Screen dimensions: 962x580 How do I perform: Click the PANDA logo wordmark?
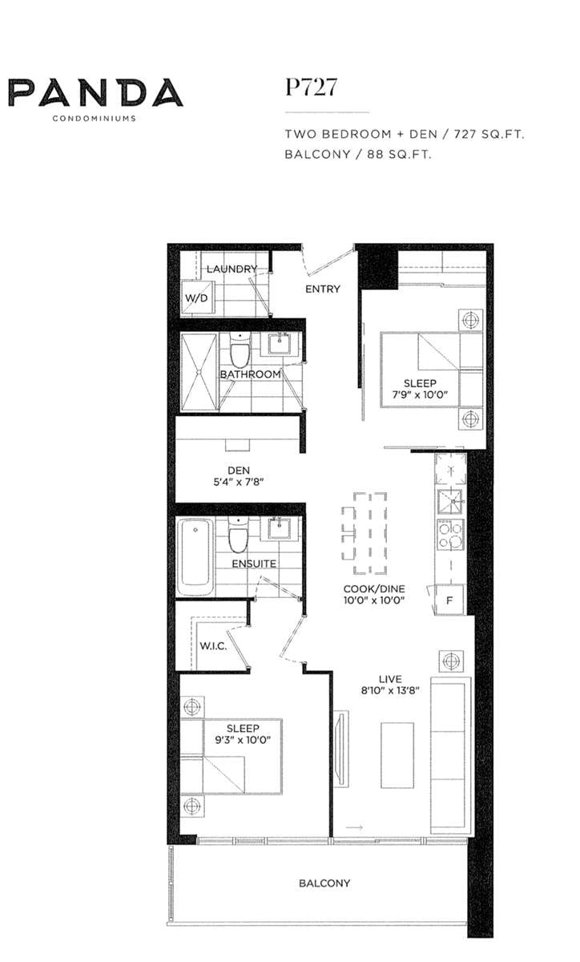click(95, 93)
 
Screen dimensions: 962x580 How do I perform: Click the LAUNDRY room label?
click(232, 269)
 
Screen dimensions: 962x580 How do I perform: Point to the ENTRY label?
click(323, 289)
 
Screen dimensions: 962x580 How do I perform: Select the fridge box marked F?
click(449, 600)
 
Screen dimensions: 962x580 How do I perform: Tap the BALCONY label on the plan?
click(324, 883)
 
